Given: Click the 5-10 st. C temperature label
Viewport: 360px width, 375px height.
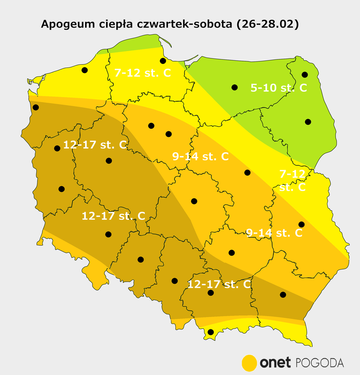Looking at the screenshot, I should click(278, 88).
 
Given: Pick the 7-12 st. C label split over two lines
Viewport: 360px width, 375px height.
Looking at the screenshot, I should click(292, 180).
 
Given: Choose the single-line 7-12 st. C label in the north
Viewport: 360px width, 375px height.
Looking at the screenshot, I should click(142, 73).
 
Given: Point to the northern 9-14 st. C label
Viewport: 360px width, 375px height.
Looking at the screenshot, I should click(200, 156).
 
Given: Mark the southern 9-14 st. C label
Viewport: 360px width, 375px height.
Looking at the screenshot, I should click(274, 233).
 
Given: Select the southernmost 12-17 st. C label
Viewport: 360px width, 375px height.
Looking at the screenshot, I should click(219, 284).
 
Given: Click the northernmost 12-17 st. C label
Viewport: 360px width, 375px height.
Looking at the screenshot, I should click(95, 145).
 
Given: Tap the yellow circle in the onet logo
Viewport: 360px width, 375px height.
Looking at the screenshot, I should click(249, 363).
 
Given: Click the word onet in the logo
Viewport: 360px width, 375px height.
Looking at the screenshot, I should click(275, 363).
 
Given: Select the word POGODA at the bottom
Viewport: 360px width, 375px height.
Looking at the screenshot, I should click(320, 363).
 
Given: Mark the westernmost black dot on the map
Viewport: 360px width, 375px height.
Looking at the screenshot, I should click(36, 107).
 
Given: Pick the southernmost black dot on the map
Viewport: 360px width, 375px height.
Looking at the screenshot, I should click(210, 332).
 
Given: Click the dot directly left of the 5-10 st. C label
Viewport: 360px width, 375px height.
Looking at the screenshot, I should click(234, 87).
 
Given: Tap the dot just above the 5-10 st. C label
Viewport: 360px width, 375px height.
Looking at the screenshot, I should click(305, 74).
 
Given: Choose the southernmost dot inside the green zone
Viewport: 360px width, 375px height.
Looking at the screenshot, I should click(308, 122).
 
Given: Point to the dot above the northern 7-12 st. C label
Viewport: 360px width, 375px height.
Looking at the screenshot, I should click(162, 61).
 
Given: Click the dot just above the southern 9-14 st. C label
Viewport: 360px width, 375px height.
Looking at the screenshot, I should click(301, 224).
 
